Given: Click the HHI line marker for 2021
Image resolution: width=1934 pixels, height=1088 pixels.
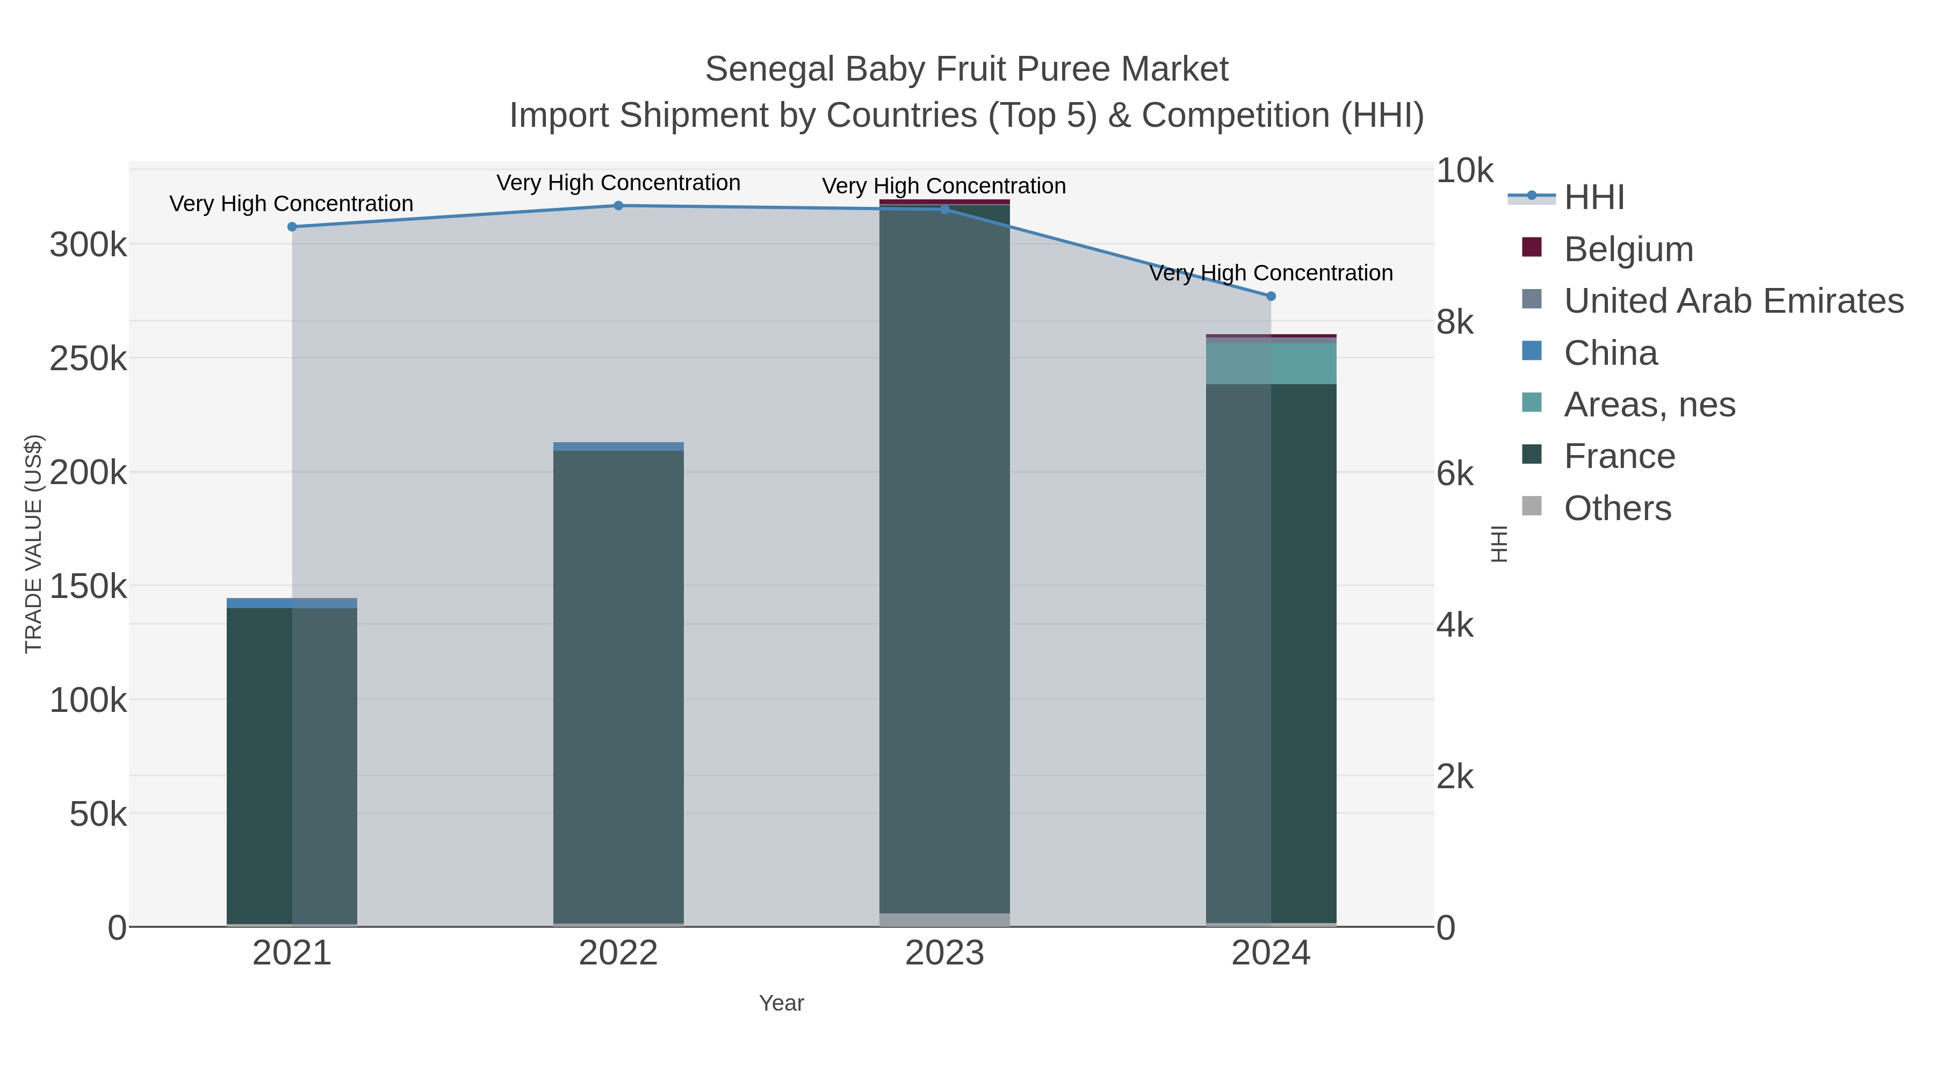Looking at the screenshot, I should (x=292, y=227).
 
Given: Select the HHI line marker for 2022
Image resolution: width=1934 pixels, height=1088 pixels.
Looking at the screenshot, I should (x=619, y=206).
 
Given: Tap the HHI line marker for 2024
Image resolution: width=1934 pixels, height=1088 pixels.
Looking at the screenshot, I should (x=1271, y=297).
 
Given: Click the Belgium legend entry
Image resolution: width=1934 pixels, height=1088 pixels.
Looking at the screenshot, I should (x=1628, y=249).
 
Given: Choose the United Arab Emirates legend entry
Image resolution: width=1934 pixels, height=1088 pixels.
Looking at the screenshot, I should (x=1733, y=301).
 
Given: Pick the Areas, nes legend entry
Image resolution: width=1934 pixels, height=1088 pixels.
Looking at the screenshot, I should (x=1649, y=405).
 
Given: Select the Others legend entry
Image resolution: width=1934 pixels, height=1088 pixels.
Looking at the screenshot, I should (x=1617, y=508).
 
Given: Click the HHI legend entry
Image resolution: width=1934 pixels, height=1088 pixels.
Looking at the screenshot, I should (x=1593, y=198).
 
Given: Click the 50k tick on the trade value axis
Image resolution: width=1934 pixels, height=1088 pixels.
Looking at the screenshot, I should (x=98, y=814).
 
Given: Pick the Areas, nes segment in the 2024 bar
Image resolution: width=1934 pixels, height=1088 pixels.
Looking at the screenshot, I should (x=1271, y=363).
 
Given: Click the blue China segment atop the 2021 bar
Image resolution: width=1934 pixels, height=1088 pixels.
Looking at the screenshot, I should (x=292, y=603).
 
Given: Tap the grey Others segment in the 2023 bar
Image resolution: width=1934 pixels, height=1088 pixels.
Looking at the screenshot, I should (x=944, y=920).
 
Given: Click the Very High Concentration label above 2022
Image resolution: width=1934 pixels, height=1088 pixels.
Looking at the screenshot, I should (x=619, y=183).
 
